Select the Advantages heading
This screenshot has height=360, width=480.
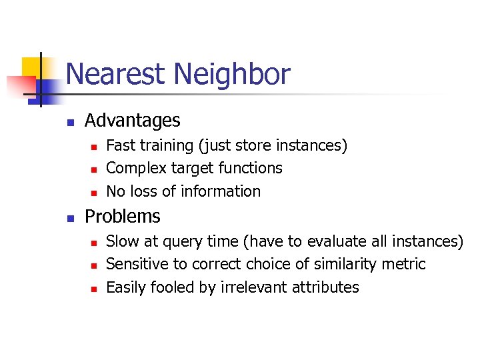click(133, 121)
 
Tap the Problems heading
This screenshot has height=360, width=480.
click(123, 217)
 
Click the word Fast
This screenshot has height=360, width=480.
click(121, 145)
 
